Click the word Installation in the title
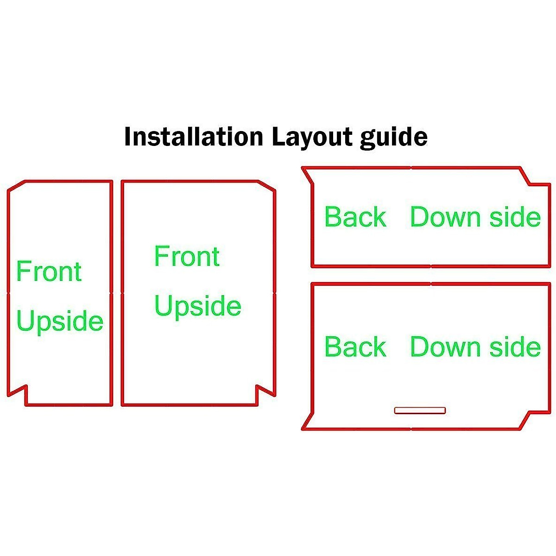pyautogui.click(x=193, y=137)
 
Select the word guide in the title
pyautogui.click(x=393, y=138)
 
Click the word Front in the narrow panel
pyautogui.click(x=49, y=272)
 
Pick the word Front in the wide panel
pyautogui.click(x=187, y=257)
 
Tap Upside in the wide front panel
pyautogui.click(x=198, y=307)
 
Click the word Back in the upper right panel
pyautogui.click(x=355, y=217)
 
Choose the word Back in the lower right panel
pyautogui.click(x=355, y=347)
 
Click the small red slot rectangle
pyautogui.click(x=420, y=410)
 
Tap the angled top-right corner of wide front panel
pyautogui.click(x=266, y=185)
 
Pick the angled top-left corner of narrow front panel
pyautogui.click(x=16, y=185)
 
